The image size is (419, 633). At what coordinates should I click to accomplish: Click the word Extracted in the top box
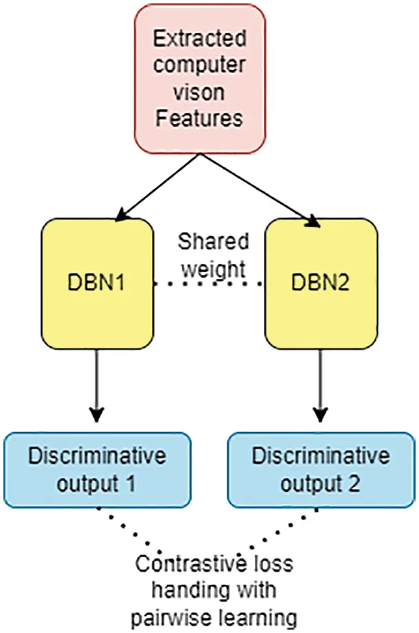click(199, 39)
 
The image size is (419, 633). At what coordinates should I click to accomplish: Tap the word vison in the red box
click(199, 92)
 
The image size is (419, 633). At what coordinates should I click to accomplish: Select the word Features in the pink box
click(199, 118)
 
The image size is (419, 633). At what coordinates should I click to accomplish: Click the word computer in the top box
click(199, 65)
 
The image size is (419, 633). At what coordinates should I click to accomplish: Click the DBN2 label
click(322, 284)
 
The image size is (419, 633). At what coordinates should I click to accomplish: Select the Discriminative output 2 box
click(321, 469)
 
